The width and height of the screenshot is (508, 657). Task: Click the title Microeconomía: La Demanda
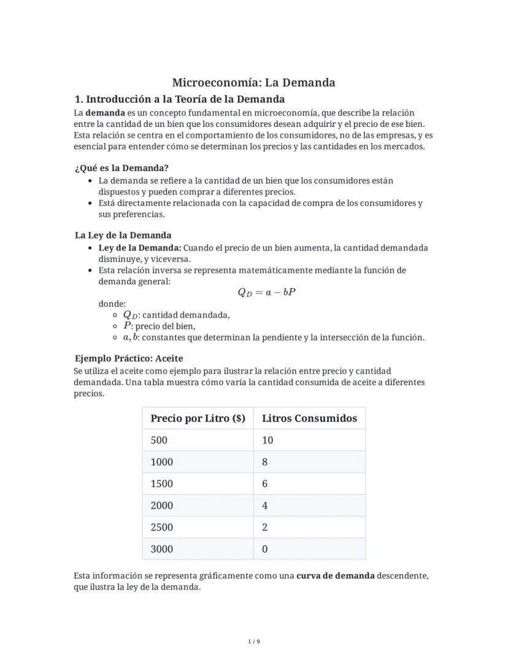pos(253,82)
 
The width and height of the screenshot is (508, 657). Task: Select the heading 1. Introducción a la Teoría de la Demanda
pos(179,99)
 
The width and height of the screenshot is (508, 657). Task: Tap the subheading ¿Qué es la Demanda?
pos(121,167)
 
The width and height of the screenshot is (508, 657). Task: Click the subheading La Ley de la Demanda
pos(123,235)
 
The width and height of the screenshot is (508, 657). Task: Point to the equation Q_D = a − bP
pos(266,292)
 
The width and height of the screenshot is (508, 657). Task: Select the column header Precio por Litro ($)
pos(198,418)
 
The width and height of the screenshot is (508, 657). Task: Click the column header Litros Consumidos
pos(309,418)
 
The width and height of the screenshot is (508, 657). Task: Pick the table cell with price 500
pos(159,440)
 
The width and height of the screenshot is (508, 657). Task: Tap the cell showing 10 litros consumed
pos(267,440)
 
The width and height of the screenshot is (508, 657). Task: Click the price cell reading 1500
pos(161,483)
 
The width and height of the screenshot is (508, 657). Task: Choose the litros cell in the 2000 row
pos(264,505)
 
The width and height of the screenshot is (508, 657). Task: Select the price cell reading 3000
pos(161,549)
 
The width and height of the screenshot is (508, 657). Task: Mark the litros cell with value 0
pos(264,549)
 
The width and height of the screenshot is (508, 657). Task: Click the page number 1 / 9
pos(254,642)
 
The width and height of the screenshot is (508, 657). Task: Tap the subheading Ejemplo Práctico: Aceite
pos(129,358)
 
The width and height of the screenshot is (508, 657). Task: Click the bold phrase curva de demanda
pos(335,575)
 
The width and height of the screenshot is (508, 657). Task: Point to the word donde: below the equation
pos(112,304)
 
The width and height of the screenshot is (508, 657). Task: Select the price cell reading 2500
pos(161,527)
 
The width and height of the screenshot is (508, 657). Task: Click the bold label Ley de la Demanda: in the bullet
pos(140,248)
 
